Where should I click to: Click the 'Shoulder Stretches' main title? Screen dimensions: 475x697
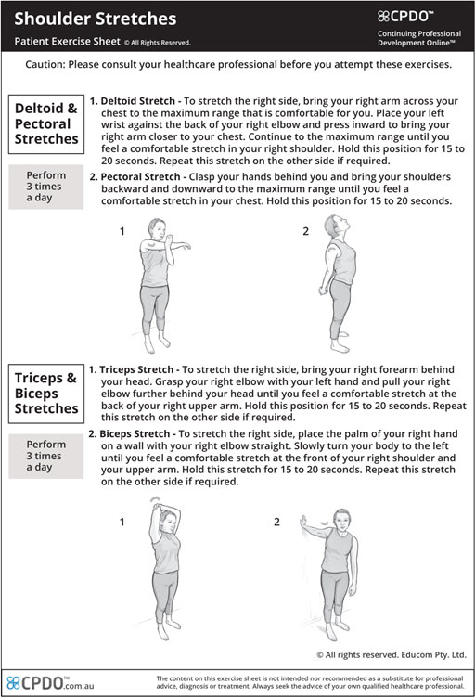click(95, 19)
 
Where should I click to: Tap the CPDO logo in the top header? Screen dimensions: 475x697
click(404, 17)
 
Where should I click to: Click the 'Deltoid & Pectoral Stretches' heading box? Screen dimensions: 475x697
click(46, 124)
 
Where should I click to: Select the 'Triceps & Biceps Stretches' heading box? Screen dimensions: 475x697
click(46, 394)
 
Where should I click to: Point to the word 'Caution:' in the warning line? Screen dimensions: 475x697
click(45, 64)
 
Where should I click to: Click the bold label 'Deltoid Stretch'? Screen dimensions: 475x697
click(137, 101)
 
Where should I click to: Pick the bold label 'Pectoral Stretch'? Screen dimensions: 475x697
click(140, 177)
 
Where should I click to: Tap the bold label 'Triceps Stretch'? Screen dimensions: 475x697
click(136, 369)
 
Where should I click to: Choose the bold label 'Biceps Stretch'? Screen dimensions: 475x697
click(135, 433)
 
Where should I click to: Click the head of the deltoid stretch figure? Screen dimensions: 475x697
click(157, 229)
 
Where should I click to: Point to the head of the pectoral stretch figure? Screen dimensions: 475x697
click(333, 226)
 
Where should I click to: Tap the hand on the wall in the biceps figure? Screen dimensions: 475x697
click(303, 522)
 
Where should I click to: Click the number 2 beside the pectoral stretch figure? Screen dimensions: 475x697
click(306, 231)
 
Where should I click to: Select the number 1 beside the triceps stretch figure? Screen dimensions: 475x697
click(122, 522)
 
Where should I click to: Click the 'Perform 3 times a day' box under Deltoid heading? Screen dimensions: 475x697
click(46, 187)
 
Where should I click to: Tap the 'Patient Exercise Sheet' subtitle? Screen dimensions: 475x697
click(67, 42)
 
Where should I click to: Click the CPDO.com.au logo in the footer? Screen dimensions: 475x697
click(51, 683)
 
